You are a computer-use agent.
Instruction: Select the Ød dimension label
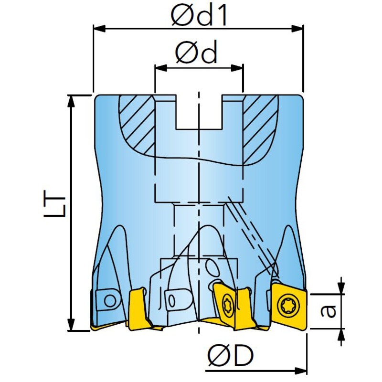point(196,53)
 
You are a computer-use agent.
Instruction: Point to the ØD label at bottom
point(231,356)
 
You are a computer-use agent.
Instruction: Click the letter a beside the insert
point(328,311)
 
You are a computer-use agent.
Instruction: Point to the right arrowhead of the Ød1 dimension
point(299,29)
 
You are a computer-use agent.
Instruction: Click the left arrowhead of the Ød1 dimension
point(97,29)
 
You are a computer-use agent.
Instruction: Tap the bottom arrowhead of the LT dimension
point(72,326)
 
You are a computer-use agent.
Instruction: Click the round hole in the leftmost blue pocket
point(110,301)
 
